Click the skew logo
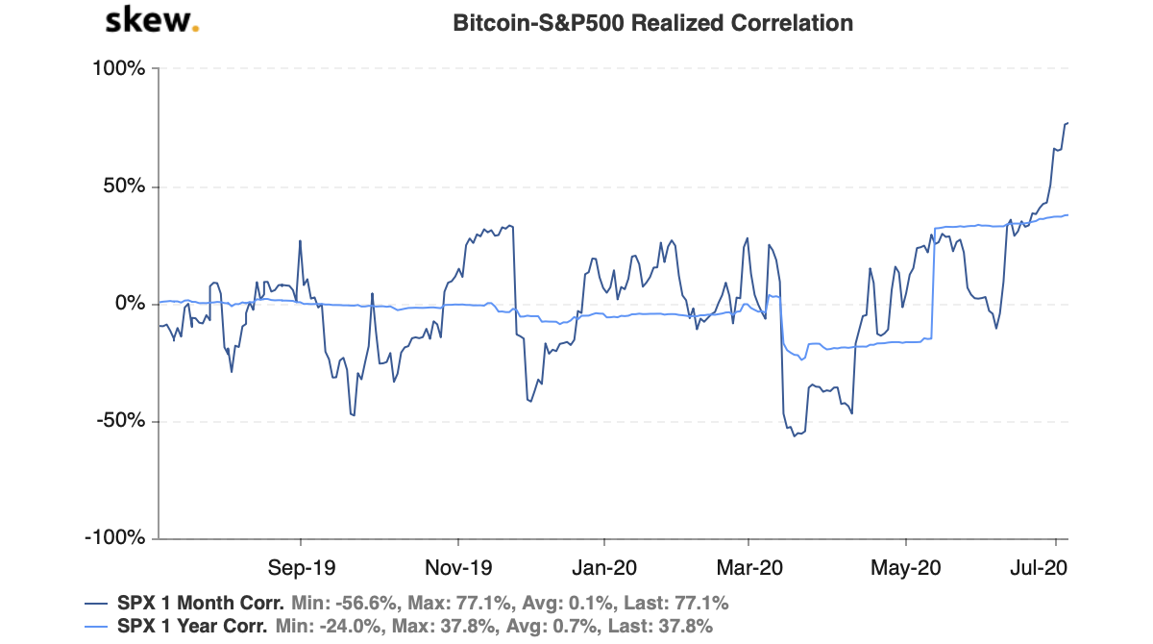pyautogui.click(x=152, y=20)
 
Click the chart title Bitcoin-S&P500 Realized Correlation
pyautogui.click(x=652, y=22)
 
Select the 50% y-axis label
pyautogui.click(x=122, y=186)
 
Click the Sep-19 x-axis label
pyautogui.click(x=301, y=566)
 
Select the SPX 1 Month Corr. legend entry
pyautogui.click(x=200, y=604)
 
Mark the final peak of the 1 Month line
pyautogui.click(x=1067, y=123)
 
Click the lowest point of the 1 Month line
pyautogui.click(x=794, y=436)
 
